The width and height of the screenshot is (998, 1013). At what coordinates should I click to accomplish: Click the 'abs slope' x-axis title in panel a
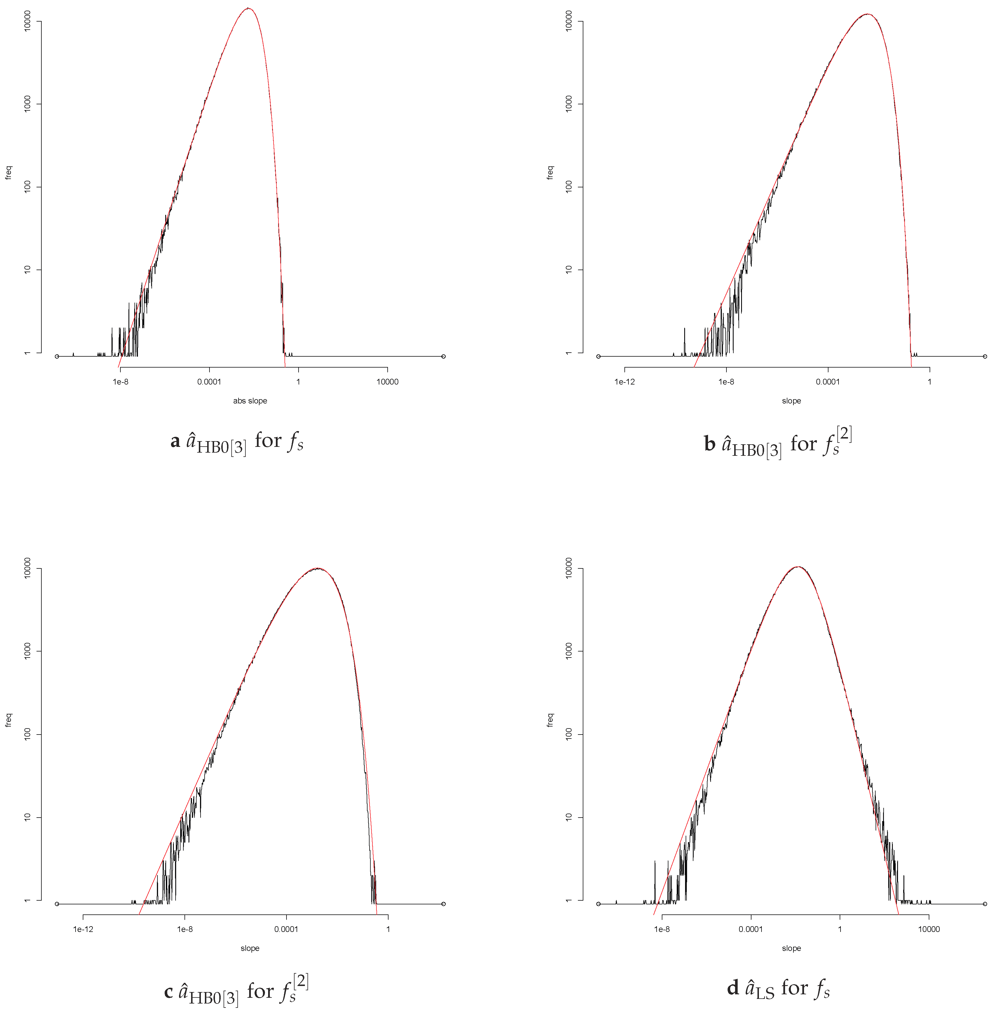pyautogui.click(x=250, y=401)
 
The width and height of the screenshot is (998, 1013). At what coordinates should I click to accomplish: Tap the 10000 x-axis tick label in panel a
pyautogui.click(x=387, y=382)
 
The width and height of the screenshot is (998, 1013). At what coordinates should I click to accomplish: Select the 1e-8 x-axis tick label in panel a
pyautogui.click(x=121, y=382)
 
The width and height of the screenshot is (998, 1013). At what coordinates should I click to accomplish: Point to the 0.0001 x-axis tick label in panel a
pyautogui.click(x=209, y=382)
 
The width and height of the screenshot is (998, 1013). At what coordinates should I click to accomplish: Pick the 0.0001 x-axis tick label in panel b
pyautogui.click(x=828, y=382)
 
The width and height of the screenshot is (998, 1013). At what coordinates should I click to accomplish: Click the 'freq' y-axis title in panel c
pyautogui.click(x=8, y=720)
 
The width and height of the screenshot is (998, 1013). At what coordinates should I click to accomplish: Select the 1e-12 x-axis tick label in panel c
pyautogui.click(x=83, y=929)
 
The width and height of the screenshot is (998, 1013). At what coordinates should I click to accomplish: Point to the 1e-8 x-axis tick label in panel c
pyautogui.click(x=184, y=929)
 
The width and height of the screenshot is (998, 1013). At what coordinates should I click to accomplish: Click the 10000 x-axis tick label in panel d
pyautogui.click(x=929, y=929)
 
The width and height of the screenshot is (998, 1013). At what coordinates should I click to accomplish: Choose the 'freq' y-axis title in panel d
pyautogui.click(x=550, y=720)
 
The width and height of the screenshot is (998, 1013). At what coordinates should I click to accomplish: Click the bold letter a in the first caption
pyautogui.click(x=175, y=442)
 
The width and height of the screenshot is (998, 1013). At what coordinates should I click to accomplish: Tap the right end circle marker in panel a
pyautogui.click(x=443, y=356)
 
